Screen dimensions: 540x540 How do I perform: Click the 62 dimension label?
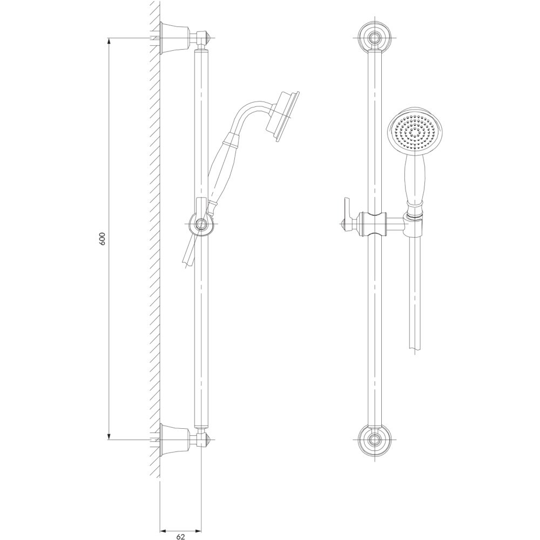click(x=181, y=536)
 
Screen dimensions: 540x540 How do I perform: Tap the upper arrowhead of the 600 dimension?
click(x=109, y=42)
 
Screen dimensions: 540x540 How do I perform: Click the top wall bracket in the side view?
click(x=175, y=38)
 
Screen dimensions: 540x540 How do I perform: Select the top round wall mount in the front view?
click(x=374, y=37)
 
